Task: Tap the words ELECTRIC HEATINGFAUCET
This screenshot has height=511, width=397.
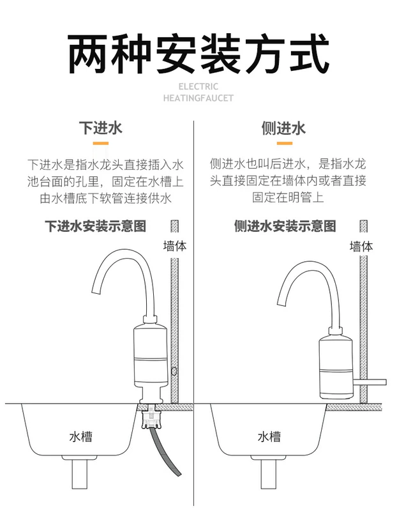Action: pyautogui.click(x=198, y=93)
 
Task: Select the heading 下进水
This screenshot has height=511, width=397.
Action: pyautogui.click(x=100, y=128)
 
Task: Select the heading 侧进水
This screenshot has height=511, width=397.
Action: pyautogui.click(x=284, y=128)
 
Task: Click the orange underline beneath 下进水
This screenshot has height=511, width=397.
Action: pyautogui.click(x=100, y=144)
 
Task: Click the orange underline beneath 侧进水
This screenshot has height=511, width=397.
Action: pyautogui.click(x=284, y=144)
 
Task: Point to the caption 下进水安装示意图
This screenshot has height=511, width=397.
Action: pyautogui.click(x=96, y=226)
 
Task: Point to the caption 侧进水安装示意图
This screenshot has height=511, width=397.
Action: pyautogui.click(x=285, y=226)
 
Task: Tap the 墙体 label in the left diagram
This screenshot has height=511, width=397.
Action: pyautogui.click(x=175, y=247)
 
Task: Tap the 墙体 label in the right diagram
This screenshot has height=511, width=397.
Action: pyautogui.click(x=361, y=247)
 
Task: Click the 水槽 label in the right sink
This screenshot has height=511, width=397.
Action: pyautogui.click(x=269, y=438)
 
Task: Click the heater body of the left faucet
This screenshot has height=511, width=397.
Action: pyautogui.click(x=149, y=361)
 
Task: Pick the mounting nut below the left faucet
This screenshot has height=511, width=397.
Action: pyautogui.click(x=152, y=418)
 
